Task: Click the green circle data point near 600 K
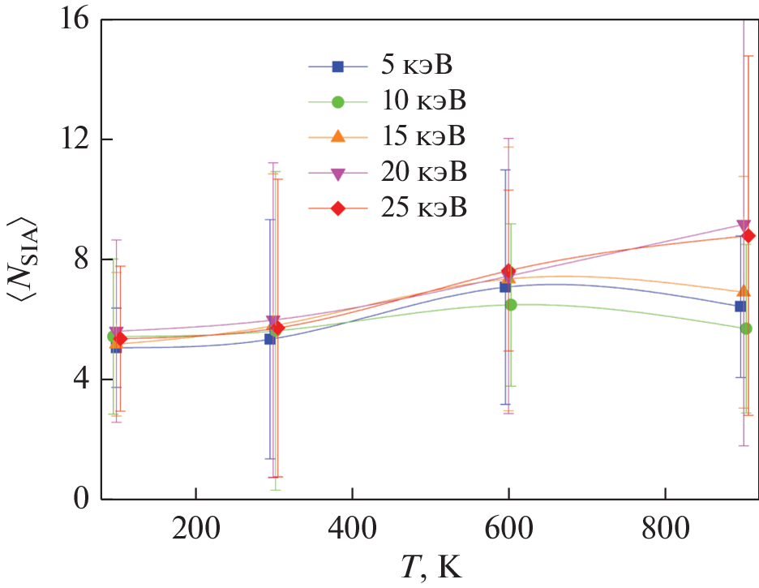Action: [511, 305]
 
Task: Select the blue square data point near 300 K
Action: [270, 339]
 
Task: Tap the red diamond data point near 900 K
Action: [748, 236]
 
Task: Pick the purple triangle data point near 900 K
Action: [743, 226]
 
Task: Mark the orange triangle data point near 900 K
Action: [744, 291]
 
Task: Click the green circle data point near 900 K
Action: [746, 328]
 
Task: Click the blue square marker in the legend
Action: [339, 66]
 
